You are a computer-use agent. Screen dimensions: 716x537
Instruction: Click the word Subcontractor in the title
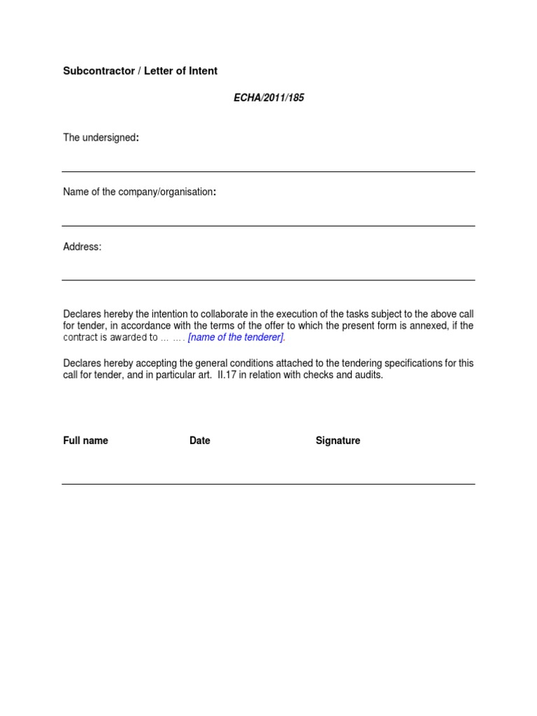[99, 71]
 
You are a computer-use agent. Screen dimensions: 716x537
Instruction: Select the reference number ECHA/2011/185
[268, 98]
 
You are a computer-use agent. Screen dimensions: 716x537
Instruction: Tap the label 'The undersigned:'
[101, 138]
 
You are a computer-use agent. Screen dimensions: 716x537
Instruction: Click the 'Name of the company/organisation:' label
[139, 192]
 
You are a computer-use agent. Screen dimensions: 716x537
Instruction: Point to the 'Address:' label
[82, 247]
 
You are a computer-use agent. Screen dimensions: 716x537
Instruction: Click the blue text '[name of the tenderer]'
[236, 338]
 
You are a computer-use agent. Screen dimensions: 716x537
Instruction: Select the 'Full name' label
[85, 441]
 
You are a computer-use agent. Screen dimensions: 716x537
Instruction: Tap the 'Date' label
[199, 441]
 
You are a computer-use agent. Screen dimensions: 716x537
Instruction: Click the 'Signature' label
[338, 441]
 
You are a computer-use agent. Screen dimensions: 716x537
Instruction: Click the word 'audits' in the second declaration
[368, 375]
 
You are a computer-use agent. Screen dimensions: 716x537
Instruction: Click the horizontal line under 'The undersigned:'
[268, 171]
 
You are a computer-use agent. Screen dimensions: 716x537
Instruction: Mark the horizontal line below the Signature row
[268, 484]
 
